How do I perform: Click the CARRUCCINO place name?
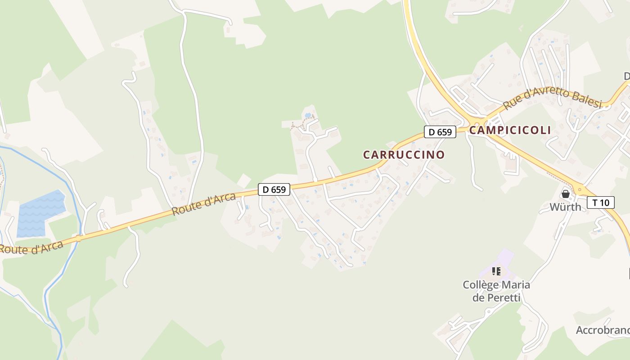[x=404, y=155]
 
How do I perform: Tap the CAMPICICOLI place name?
[x=510, y=130]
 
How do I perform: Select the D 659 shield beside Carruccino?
[x=440, y=132]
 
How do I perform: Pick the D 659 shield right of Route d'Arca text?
[x=274, y=189]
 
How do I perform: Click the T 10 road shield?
[x=600, y=202]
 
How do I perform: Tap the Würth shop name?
[x=565, y=207]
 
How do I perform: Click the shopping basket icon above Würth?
[x=565, y=194]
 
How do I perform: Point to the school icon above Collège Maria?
[x=496, y=271]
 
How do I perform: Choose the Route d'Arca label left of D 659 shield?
[x=204, y=204]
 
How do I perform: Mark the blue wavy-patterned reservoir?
[x=40, y=214]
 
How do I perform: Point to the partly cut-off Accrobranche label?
[x=603, y=330]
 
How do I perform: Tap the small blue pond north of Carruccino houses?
[x=308, y=116]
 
